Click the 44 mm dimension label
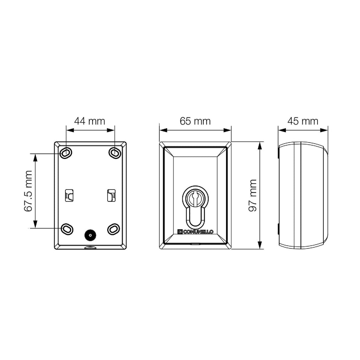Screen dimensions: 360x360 tap(90, 121)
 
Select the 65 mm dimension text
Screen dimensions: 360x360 tap(195, 121)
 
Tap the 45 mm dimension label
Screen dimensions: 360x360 tap(303, 121)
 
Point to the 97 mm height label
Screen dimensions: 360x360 tap(253, 195)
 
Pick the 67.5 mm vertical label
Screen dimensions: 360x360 tap(28, 191)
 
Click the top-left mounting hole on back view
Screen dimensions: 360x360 tap(66, 153)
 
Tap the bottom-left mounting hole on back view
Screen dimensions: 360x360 tap(67, 229)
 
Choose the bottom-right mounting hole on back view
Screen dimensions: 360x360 tap(114, 229)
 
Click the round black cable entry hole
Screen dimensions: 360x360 tap(90, 235)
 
